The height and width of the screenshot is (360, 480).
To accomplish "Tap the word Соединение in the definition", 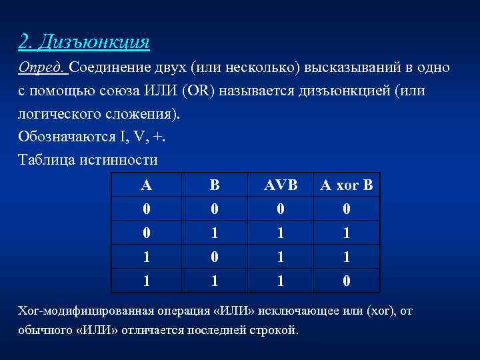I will click(109, 68).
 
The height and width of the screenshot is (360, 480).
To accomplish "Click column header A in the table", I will click(146, 185).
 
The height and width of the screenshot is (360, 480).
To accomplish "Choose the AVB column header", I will click(281, 185).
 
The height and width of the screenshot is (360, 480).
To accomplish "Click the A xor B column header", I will click(346, 185).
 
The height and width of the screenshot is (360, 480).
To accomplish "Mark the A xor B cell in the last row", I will click(346, 280).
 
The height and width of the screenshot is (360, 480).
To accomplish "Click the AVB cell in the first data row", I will click(281, 209).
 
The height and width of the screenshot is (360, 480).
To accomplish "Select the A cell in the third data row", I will click(146, 257).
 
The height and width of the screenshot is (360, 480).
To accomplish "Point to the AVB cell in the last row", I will click(281, 280).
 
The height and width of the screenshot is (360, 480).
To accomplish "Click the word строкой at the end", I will click(273, 330).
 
